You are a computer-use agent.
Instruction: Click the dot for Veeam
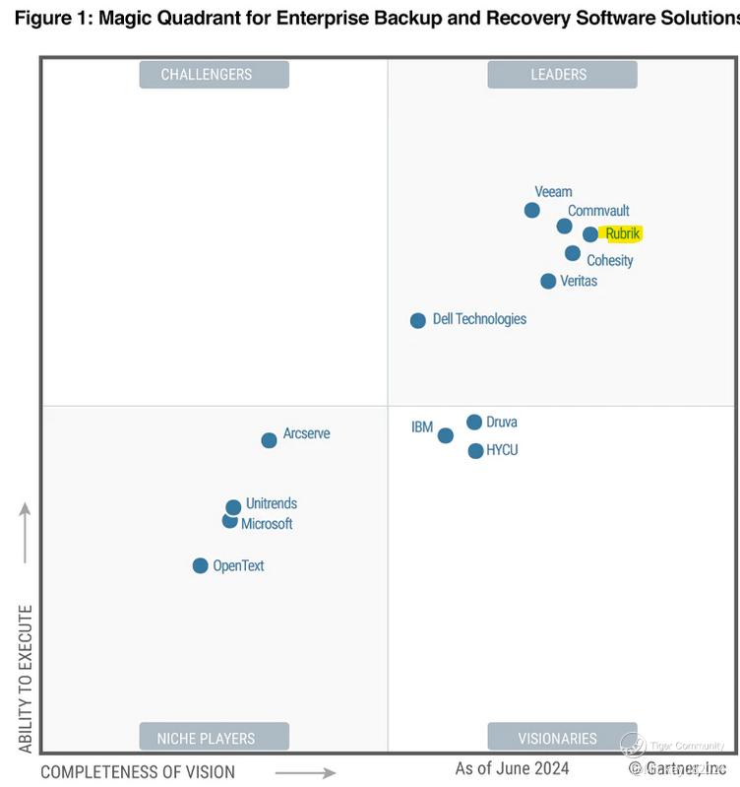click(x=532, y=210)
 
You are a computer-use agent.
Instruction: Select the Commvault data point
click(x=565, y=227)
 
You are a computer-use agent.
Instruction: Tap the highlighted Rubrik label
click(x=623, y=234)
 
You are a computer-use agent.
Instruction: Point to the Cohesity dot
click(x=573, y=253)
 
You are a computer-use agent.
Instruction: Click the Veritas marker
click(x=548, y=281)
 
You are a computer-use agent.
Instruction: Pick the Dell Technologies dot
click(x=418, y=320)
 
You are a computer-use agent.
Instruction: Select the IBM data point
click(x=446, y=435)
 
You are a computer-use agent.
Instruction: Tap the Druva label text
click(x=502, y=422)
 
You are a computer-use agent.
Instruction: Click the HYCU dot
click(x=476, y=451)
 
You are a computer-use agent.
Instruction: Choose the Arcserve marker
click(x=269, y=440)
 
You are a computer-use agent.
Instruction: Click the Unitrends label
click(x=272, y=503)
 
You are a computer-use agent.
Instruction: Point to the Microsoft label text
click(x=267, y=524)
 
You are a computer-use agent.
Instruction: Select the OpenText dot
click(x=201, y=565)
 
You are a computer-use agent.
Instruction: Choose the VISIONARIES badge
click(x=558, y=738)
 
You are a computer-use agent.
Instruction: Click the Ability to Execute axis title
click(x=26, y=679)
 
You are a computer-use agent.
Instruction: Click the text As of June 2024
click(x=512, y=768)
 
